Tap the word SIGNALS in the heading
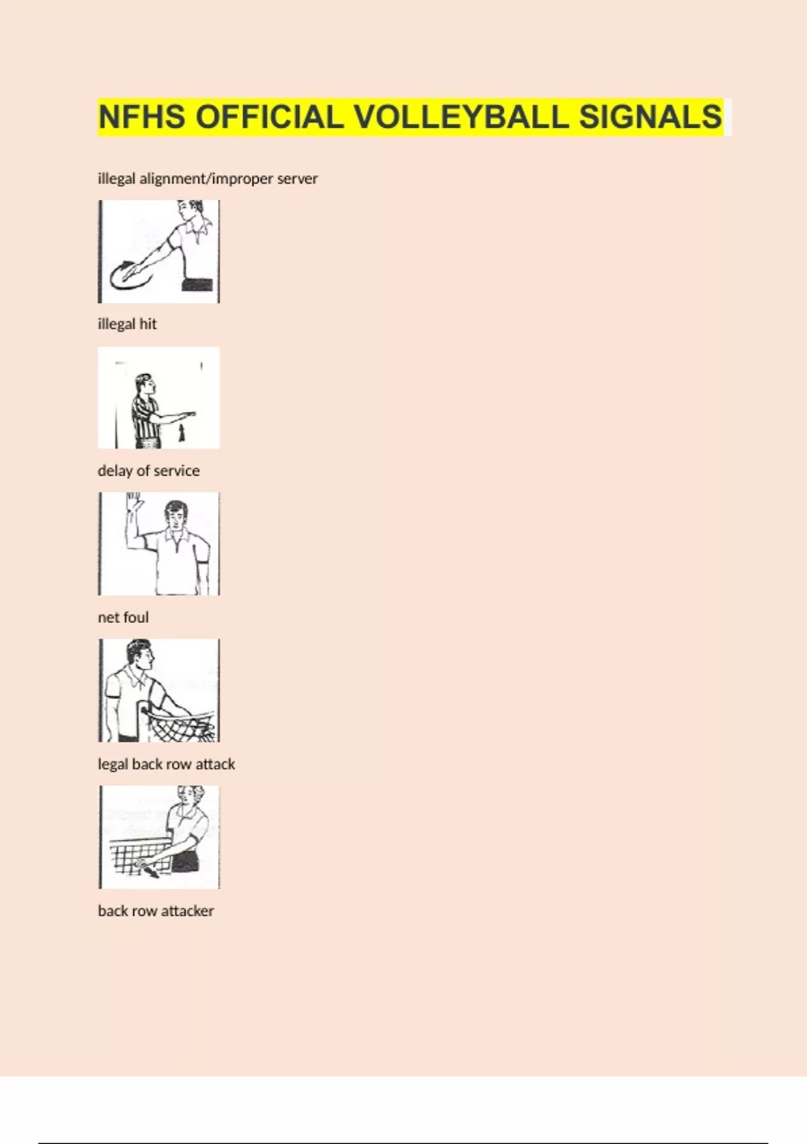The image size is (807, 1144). tap(651, 116)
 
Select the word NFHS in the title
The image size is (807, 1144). tap(142, 116)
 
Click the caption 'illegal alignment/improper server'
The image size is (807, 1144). tap(208, 179)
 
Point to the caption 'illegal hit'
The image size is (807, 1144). tap(127, 324)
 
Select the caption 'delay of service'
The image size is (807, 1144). tap(149, 470)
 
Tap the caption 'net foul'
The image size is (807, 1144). tap(123, 618)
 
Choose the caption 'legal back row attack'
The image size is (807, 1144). tap(166, 764)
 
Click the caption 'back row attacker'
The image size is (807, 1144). tap(155, 910)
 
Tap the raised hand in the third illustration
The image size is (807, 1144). tap(134, 501)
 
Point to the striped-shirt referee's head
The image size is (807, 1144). tap(144, 384)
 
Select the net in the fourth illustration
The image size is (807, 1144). tap(181, 726)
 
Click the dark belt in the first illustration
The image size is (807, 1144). tap(197, 285)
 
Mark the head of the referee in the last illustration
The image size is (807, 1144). tap(191, 797)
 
